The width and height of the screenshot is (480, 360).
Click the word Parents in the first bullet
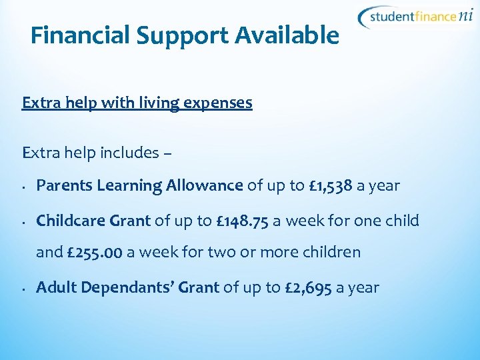click(x=64, y=185)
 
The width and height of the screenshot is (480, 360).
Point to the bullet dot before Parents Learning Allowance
click(x=23, y=187)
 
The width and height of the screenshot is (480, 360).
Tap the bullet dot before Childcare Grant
click(x=23, y=222)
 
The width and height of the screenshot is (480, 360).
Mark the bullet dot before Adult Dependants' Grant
click(x=23, y=289)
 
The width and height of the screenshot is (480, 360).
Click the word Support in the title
click(x=175, y=36)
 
